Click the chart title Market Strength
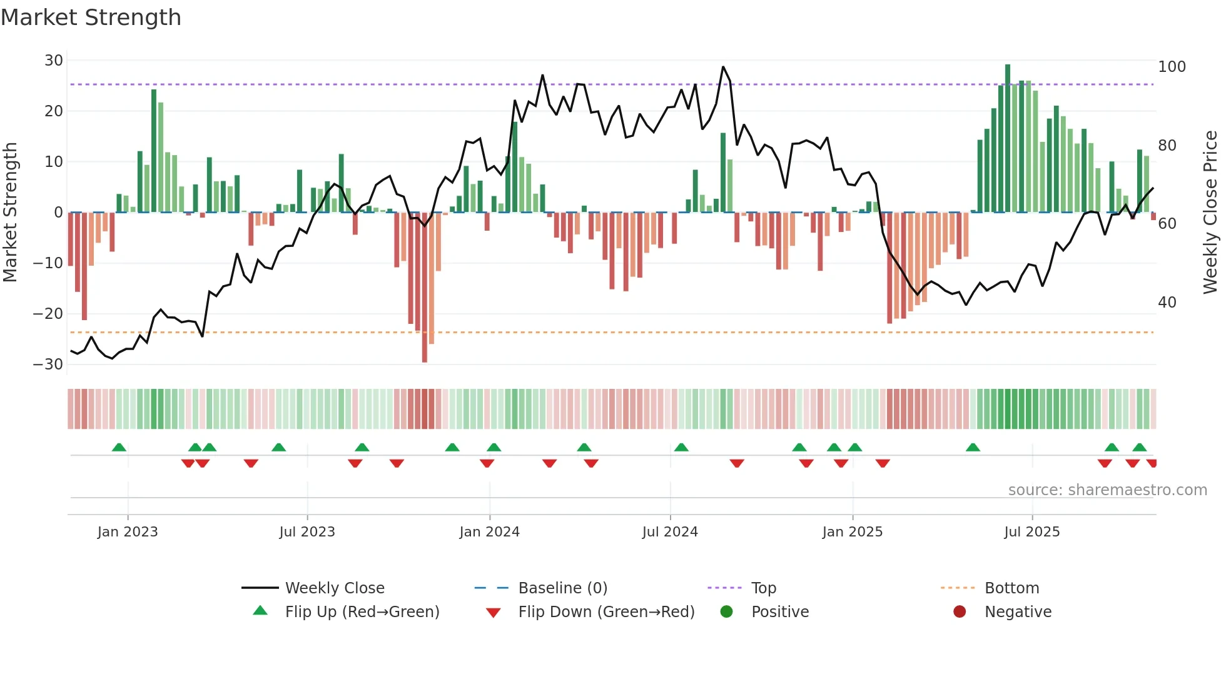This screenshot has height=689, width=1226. (x=91, y=18)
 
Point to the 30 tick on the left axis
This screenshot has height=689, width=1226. (x=54, y=61)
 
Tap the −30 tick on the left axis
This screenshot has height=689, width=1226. (x=48, y=365)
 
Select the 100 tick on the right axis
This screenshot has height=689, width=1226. (x=1172, y=67)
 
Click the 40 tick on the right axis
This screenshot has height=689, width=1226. (x=1167, y=303)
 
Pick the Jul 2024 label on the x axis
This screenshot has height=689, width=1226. (x=670, y=532)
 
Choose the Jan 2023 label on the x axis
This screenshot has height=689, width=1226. (x=128, y=532)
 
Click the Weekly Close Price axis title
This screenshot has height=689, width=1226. (x=1210, y=213)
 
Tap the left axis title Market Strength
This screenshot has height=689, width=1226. (x=10, y=213)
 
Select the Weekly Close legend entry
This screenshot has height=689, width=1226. (x=334, y=588)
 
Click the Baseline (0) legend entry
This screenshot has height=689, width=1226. (x=562, y=588)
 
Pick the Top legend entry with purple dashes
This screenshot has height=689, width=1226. (x=763, y=588)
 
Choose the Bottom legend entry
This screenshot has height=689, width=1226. (x=1011, y=588)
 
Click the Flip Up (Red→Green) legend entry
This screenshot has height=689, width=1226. (x=362, y=612)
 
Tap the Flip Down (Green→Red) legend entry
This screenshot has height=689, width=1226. (x=605, y=612)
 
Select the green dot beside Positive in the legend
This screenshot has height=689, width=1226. (x=726, y=612)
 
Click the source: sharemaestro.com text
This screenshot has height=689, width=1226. (x=1107, y=490)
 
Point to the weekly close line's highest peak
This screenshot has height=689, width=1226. (x=723, y=67)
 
